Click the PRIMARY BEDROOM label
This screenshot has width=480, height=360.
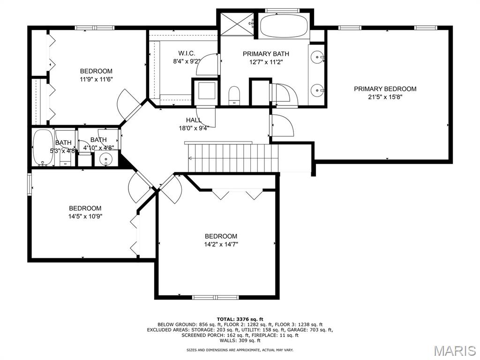point(385,89)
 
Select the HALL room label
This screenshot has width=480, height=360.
point(194,120)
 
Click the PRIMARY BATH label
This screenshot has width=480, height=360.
point(266,54)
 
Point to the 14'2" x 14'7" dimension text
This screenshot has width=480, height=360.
point(221,244)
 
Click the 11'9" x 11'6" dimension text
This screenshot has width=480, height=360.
point(96,79)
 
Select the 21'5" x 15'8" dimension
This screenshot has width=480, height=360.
point(385,97)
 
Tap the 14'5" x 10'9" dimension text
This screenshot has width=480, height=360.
point(85,217)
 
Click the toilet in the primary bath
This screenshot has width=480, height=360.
point(234,95)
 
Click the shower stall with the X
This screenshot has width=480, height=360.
point(237,23)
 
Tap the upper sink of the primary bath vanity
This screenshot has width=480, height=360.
point(316,57)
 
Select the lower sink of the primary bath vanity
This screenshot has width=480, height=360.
point(316,90)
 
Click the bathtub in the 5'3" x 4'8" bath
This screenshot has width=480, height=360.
point(43,148)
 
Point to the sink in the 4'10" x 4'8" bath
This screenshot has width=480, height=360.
point(106,159)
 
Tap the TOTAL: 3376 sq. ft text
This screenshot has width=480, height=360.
point(240,319)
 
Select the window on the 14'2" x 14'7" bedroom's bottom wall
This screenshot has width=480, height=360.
point(215,297)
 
